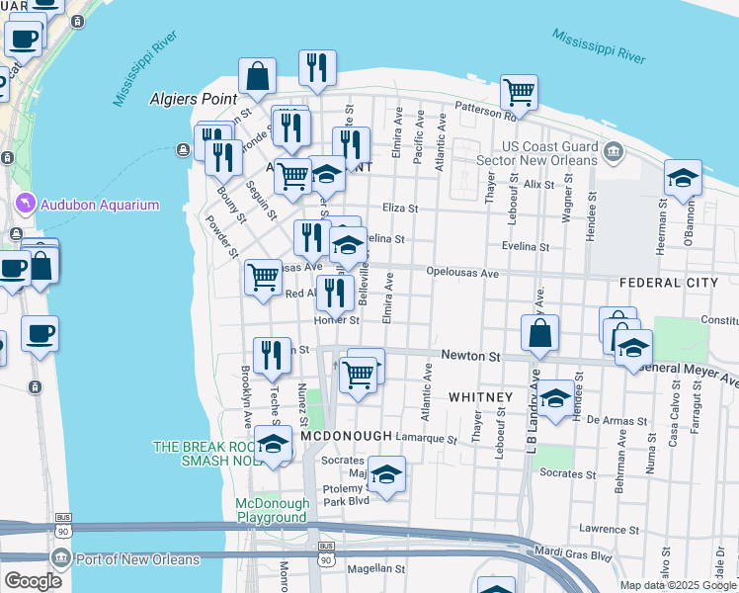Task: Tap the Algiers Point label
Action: pyautogui.click(x=194, y=99)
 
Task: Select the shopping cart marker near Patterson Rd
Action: pyautogui.click(x=519, y=93)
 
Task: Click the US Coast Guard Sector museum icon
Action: pyautogui.click(x=615, y=152)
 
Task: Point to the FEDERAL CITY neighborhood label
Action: pyautogui.click(x=668, y=283)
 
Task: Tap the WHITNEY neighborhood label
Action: pyautogui.click(x=480, y=397)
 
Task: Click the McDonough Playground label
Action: pyautogui.click(x=272, y=510)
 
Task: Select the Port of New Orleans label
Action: pyautogui.click(x=137, y=559)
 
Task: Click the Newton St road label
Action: pyautogui.click(x=472, y=354)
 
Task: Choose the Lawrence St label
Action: pyautogui.click(x=606, y=529)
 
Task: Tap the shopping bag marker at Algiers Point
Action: pyautogui.click(x=257, y=77)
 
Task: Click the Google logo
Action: pyautogui.click(x=33, y=581)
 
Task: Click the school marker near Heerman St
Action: pyautogui.click(x=683, y=179)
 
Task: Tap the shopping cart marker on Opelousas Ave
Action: pyautogui.click(x=263, y=278)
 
